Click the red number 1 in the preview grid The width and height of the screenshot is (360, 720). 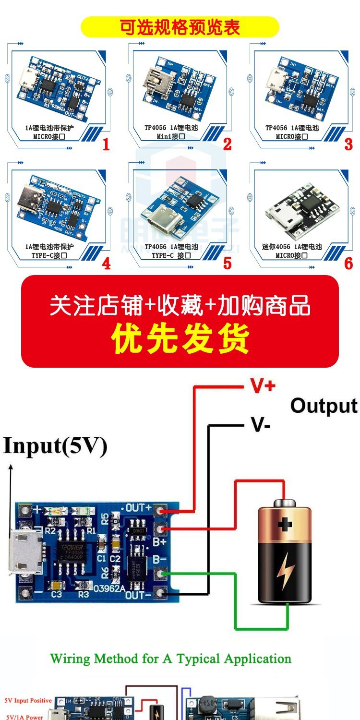click(106, 144)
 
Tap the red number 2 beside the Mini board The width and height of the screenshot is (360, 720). click(227, 144)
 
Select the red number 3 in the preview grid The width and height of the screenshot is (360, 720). click(348, 144)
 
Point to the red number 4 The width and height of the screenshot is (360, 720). click(106, 264)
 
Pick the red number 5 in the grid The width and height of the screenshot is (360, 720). click(227, 263)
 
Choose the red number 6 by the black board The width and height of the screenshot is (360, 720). click(348, 263)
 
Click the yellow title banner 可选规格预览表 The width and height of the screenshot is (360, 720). click(180, 27)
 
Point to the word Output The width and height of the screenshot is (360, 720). click(324, 406)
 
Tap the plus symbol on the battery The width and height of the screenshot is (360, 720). click(285, 524)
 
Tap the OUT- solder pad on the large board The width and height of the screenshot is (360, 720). click(160, 594)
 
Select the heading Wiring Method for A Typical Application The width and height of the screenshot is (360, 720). click(171, 659)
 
